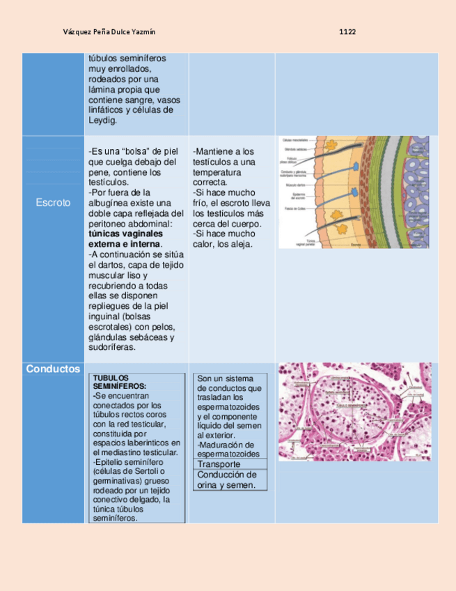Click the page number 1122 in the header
pos(348,32)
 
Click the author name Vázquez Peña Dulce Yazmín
pos(109,32)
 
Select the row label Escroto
pos(54,203)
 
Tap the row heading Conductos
pos(53,369)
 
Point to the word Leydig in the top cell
pos(103,120)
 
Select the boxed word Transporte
pos(219,464)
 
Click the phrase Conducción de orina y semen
pos(228,479)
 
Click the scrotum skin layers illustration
pos(354,192)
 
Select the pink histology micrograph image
pos(354,411)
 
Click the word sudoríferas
pos(113,348)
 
